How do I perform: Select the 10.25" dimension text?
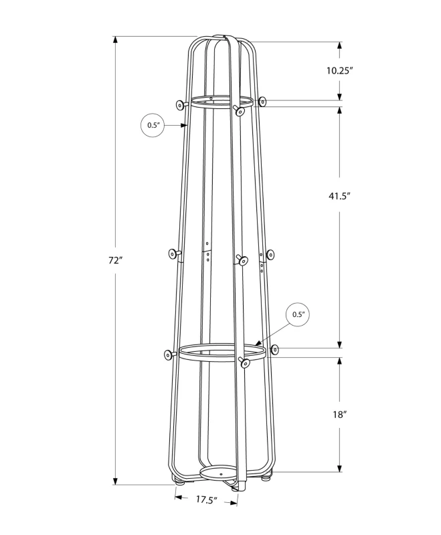click(x=339, y=70)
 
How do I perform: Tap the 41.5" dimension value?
click(x=340, y=196)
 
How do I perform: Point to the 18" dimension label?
click(x=340, y=414)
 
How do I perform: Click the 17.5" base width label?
click(x=207, y=499)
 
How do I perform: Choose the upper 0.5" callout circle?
click(x=153, y=125)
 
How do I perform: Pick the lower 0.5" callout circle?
click(x=298, y=314)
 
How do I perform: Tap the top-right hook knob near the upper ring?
click(x=263, y=102)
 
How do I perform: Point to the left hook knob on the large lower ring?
click(x=167, y=354)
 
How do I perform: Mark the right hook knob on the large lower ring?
click(x=274, y=349)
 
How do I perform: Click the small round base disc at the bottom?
click(x=219, y=473)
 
